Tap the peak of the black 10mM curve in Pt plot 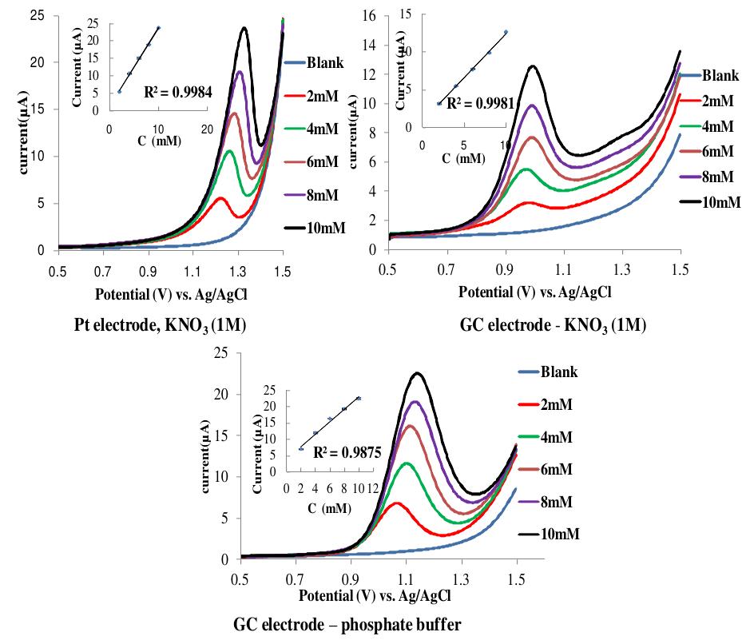click(x=244, y=28)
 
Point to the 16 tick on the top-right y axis click(x=369, y=14)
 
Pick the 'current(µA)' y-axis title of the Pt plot click(x=14, y=133)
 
